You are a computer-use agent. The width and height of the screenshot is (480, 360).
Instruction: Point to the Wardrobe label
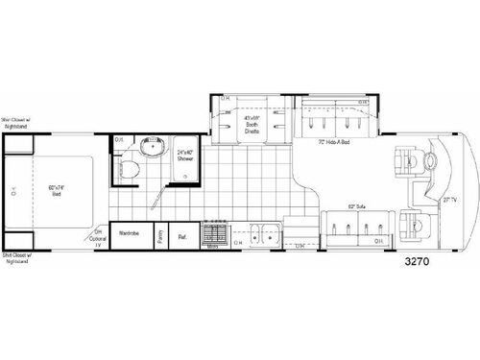click(131, 233)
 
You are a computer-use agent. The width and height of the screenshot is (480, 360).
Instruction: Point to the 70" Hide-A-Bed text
click(335, 143)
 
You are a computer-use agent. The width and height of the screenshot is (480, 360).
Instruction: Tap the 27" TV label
click(448, 201)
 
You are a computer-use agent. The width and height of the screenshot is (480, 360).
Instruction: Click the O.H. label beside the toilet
click(118, 140)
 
